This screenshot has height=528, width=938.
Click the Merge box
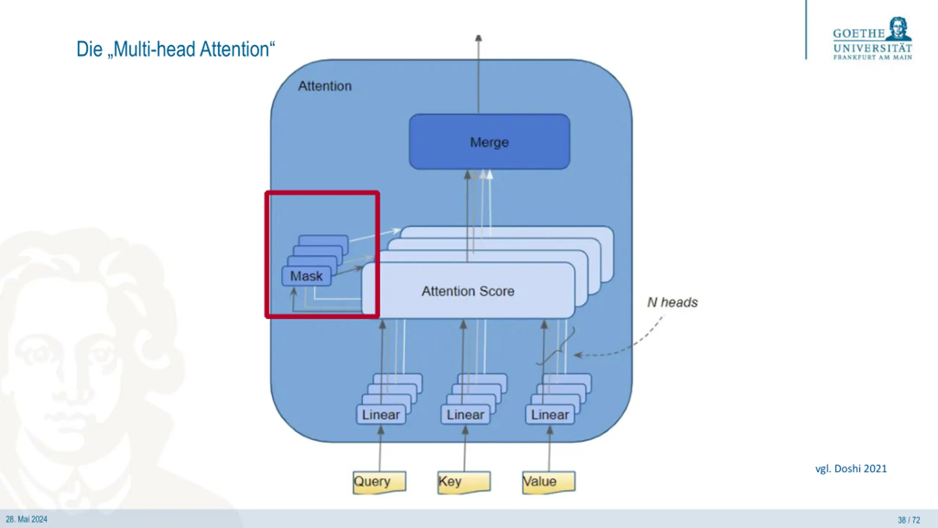(x=490, y=142)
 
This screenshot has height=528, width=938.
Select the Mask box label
(x=306, y=276)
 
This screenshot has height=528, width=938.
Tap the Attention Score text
(x=468, y=291)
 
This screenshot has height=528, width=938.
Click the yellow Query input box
(x=379, y=482)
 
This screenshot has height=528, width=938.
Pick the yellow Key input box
(x=464, y=482)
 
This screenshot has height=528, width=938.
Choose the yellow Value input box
(x=549, y=482)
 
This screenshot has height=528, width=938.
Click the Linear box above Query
(x=381, y=415)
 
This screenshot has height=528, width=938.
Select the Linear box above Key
(x=465, y=415)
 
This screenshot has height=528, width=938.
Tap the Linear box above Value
(x=550, y=415)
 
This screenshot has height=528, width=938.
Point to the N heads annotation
(x=672, y=302)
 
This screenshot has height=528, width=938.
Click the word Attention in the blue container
(x=325, y=86)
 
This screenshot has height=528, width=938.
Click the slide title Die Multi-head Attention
(x=176, y=49)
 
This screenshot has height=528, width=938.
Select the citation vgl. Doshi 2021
(x=851, y=469)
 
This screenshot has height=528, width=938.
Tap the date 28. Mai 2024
(x=26, y=519)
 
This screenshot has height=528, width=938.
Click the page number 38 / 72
(x=909, y=520)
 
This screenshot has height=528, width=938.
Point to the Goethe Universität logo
(x=872, y=38)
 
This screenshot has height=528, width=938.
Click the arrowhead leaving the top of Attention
(x=478, y=38)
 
